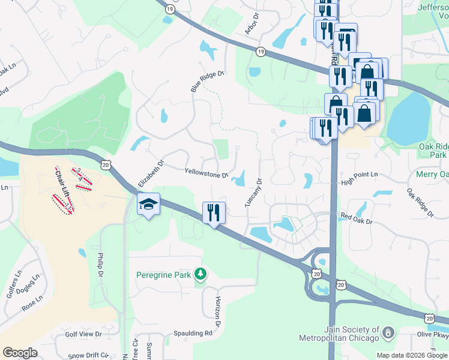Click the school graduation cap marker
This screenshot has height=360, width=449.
[148, 205]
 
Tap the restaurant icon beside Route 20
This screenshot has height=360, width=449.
[214, 212]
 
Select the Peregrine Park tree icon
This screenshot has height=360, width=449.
[200, 275]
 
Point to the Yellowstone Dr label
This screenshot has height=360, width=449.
[206, 173]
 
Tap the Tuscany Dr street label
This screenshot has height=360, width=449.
[253, 193]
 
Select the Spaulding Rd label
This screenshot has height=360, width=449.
[191, 333]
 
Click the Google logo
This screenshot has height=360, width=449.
[20, 353]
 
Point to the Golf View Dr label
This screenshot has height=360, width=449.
[83, 334]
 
